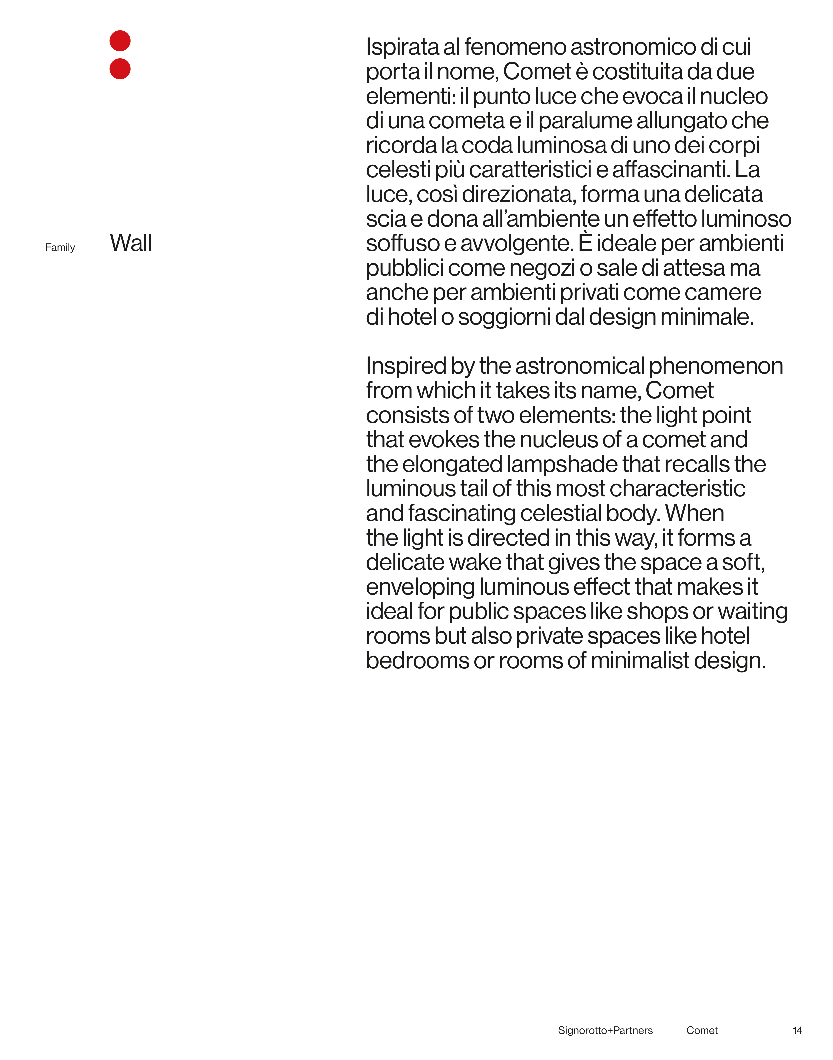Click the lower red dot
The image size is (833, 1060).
[x=120, y=69]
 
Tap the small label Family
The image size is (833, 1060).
[x=60, y=248]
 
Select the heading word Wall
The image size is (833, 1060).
[x=131, y=243]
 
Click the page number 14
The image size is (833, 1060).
[x=797, y=1030]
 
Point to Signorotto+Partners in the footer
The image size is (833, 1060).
[x=605, y=1030]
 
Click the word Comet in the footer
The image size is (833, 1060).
[x=702, y=1030]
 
